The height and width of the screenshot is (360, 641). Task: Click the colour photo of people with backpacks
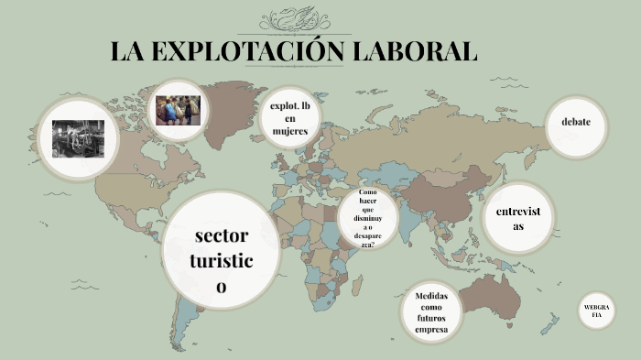pyautogui.click(x=178, y=111)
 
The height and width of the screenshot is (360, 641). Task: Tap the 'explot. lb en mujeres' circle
pyautogui.click(x=290, y=119)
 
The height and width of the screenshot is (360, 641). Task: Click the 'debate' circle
pyautogui.click(x=576, y=123)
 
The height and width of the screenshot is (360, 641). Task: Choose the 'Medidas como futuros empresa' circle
pyautogui.click(x=430, y=312)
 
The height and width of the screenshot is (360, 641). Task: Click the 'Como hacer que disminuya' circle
pyautogui.click(x=367, y=219)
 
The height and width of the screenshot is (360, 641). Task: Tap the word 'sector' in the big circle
pyautogui.click(x=222, y=236)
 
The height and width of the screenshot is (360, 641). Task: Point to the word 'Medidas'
pyautogui.click(x=431, y=296)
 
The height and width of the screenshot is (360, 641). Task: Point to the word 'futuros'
pyautogui.click(x=430, y=318)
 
